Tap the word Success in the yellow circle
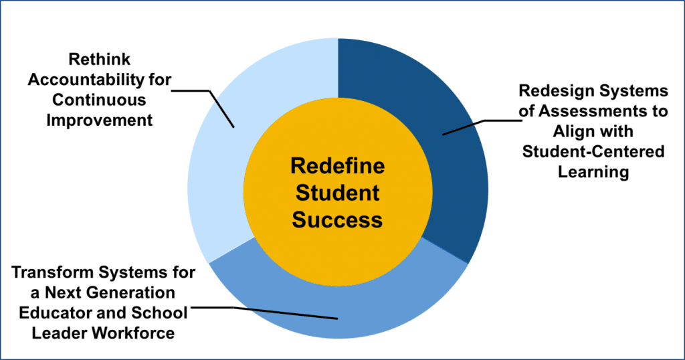338,219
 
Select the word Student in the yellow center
338,193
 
